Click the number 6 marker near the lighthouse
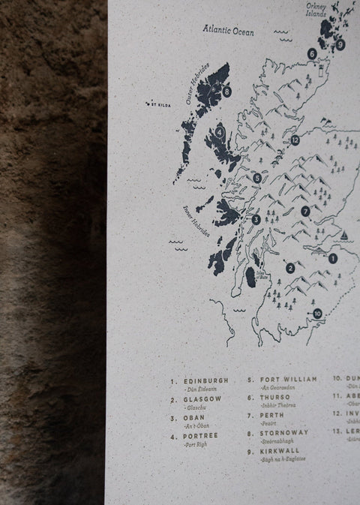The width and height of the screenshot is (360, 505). click(311, 53)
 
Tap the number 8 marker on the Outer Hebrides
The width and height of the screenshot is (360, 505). click(226, 92)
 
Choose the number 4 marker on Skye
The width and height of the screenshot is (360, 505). click(219, 131)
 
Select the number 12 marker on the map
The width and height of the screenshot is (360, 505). click(295, 140)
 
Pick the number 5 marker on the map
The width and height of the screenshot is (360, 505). click(257, 178)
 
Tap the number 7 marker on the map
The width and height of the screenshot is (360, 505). click(305, 211)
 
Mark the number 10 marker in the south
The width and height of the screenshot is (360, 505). click(317, 313)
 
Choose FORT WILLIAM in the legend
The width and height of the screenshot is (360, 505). click(289, 380)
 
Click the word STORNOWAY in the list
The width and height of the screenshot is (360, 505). click(284, 433)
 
